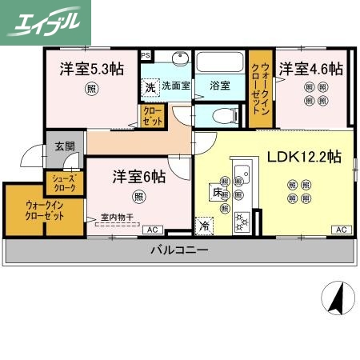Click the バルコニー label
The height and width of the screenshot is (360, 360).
[x=180, y=251]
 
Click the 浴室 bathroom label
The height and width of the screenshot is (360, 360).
[x=220, y=85]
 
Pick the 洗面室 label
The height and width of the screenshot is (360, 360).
[x=175, y=86]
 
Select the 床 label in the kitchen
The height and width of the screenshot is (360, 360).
[x=217, y=192]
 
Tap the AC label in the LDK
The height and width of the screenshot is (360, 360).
[x=340, y=230]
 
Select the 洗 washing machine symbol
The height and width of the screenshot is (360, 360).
[x=150, y=86]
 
